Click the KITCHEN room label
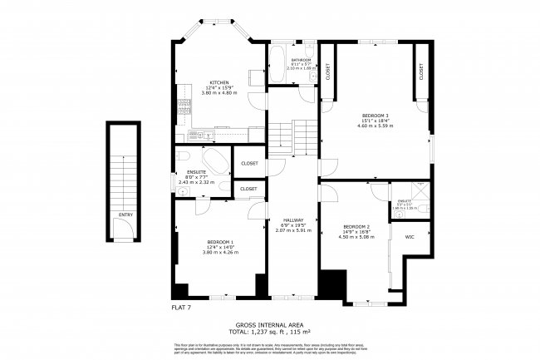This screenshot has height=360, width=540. click(219, 82)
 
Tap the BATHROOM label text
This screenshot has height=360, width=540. click(301, 60)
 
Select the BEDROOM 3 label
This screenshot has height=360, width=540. click(376, 114)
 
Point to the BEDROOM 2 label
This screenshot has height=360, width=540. click(356, 226)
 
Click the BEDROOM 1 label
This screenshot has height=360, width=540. click(220, 242)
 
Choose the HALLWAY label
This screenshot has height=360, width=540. click(292, 219)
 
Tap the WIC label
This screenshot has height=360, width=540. click(410, 237)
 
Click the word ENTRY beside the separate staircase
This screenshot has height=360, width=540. click(125, 215)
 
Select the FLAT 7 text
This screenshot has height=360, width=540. click(182, 308)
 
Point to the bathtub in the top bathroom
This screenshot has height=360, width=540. click(277, 66)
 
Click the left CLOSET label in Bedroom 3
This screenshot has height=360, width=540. click(326, 72)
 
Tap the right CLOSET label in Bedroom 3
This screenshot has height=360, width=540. click(421, 72)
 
